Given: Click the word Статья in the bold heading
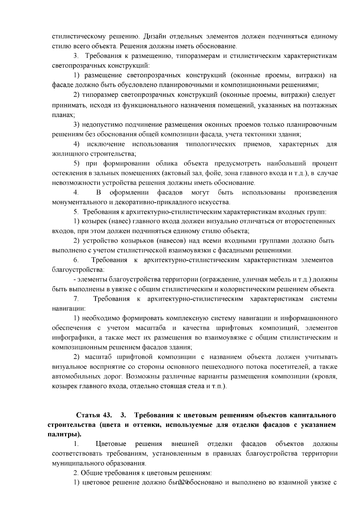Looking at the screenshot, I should (88, 415).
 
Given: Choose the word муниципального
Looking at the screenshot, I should (76, 463).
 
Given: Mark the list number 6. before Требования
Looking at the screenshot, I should (76, 260).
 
